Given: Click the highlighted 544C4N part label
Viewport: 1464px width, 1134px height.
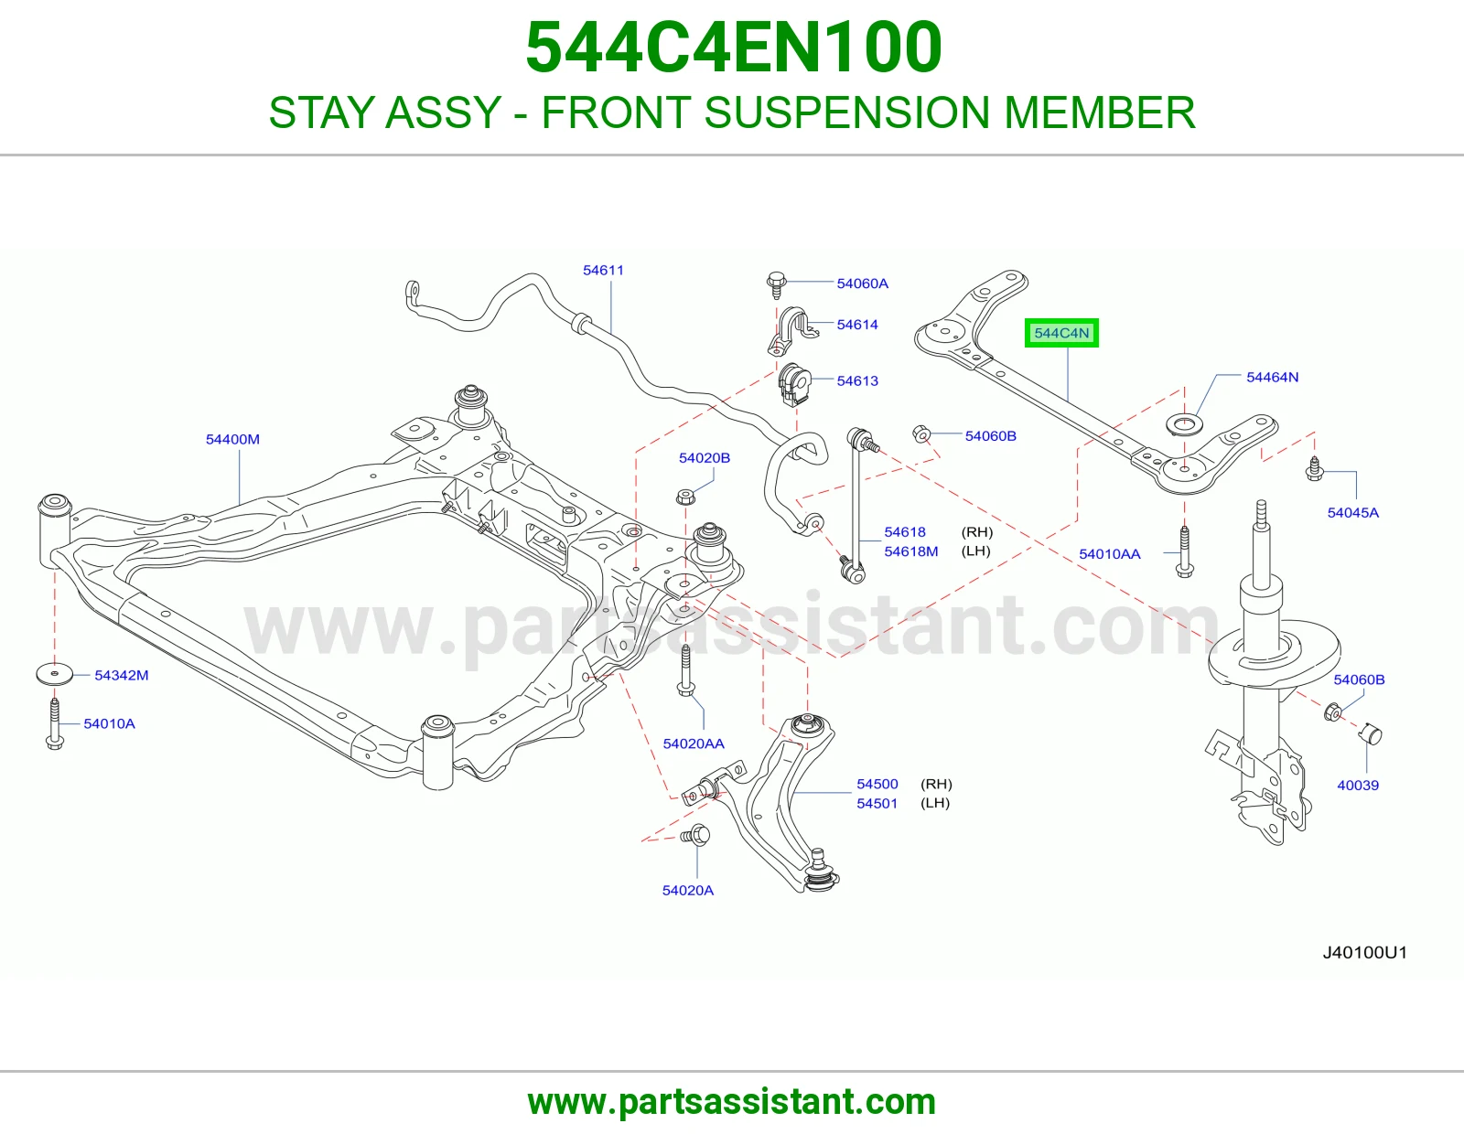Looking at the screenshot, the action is [x=1061, y=333].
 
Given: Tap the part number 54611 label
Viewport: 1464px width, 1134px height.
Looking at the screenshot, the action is [x=603, y=270].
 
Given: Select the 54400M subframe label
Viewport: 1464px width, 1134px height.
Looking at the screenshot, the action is [x=232, y=439].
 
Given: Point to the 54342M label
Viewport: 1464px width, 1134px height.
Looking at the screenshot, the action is [x=122, y=675].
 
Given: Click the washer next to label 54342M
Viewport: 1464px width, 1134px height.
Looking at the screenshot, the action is [x=54, y=673].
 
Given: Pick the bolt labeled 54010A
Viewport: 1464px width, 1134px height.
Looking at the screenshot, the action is [x=55, y=724].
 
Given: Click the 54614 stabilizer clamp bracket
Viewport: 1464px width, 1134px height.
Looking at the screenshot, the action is [x=792, y=331].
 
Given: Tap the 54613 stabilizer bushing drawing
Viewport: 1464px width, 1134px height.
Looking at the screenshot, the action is [x=794, y=384].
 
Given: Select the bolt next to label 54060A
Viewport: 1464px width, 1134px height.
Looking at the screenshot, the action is [x=776, y=284].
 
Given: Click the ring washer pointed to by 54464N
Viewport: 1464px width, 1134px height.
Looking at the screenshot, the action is [x=1184, y=425].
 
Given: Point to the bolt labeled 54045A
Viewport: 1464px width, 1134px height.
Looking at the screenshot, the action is [x=1314, y=468].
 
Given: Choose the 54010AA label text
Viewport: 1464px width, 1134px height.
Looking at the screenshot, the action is [x=1110, y=554].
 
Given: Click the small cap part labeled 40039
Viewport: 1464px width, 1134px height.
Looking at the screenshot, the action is [x=1371, y=734].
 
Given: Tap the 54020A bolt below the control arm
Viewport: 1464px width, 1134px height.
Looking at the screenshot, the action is [x=696, y=835].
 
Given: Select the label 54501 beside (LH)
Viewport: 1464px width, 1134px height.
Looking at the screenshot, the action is [x=877, y=803].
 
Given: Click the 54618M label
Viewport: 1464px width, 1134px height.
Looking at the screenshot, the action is [x=910, y=551].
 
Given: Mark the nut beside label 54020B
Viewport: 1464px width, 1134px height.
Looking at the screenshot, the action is [x=685, y=497].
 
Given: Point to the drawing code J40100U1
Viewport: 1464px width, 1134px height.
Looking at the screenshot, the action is [x=1365, y=953].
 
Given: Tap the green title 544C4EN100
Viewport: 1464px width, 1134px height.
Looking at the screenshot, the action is [x=733, y=48].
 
